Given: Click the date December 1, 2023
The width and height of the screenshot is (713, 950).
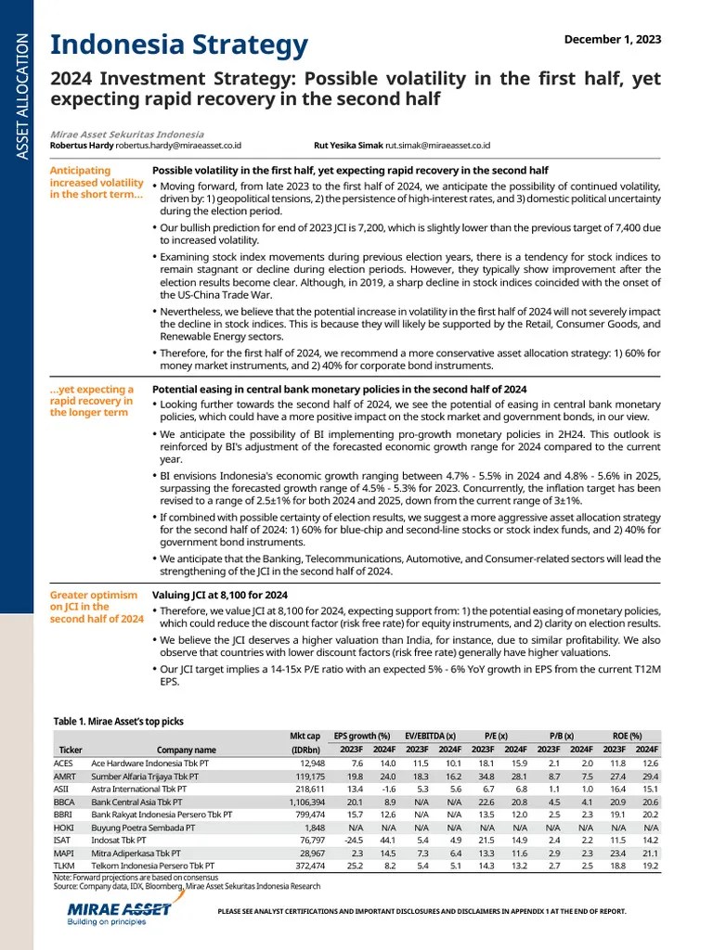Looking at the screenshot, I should [x=613, y=38].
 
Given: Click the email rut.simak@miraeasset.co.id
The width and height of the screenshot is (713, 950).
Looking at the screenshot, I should [x=438, y=146].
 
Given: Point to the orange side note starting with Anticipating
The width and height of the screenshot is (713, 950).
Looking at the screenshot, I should [x=97, y=183].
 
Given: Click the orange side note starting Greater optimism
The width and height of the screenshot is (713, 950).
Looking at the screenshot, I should [x=97, y=607].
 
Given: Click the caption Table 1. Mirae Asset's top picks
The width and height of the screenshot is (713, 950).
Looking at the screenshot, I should [x=118, y=721].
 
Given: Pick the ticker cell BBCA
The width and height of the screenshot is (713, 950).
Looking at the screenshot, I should [x=64, y=801].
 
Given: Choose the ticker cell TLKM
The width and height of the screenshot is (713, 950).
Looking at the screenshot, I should [x=64, y=864].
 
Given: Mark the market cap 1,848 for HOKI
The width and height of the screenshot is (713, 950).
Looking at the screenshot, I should [x=311, y=826].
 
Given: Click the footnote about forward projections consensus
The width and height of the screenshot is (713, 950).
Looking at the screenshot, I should [x=136, y=877].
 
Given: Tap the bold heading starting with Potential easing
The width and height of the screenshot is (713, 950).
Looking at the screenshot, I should [x=339, y=390].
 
